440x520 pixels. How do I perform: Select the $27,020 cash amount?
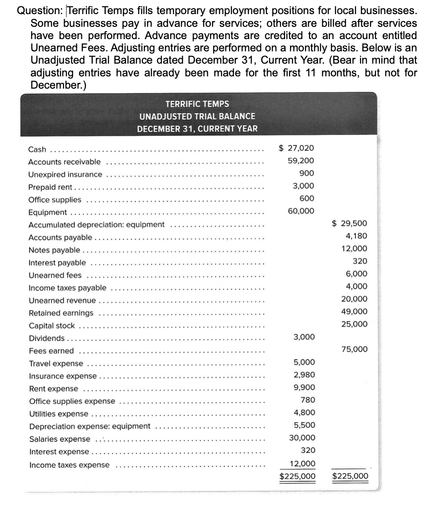point(296,148)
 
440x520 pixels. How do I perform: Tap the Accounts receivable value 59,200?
point(300,161)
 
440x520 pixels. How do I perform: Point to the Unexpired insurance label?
point(65,175)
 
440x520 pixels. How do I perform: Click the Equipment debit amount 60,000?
point(300,211)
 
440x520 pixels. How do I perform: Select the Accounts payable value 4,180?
point(356,236)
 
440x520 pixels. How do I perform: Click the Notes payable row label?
point(55,250)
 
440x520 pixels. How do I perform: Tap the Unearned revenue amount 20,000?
point(354,299)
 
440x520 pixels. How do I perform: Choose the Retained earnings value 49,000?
point(354,311)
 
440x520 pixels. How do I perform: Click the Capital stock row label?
point(52,325)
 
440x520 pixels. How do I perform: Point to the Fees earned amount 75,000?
point(354,349)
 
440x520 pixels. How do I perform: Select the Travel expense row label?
point(56,364)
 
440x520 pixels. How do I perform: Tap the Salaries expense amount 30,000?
point(300,438)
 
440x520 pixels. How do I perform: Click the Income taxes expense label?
point(69,465)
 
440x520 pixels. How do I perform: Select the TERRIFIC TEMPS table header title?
point(197,104)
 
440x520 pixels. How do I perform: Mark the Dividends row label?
point(47,338)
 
